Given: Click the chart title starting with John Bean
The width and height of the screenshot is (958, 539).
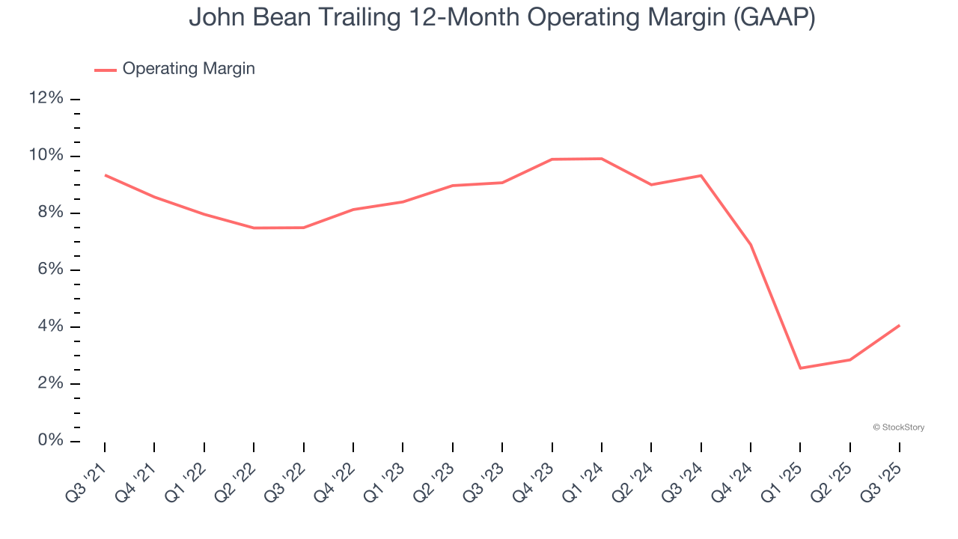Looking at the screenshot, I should (x=501, y=16).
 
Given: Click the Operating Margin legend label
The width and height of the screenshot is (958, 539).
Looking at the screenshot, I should (x=189, y=69).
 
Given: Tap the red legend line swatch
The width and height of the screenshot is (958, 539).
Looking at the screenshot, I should (x=106, y=70).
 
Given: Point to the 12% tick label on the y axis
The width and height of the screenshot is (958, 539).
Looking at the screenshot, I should (x=46, y=99).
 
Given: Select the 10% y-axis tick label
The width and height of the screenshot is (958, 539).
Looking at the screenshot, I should (x=46, y=156).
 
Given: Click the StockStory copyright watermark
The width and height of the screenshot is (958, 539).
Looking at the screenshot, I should (x=898, y=427).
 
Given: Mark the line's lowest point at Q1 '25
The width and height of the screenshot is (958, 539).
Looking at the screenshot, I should (x=800, y=368).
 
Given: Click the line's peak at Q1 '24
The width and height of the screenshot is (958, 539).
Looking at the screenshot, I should (x=602, y=159).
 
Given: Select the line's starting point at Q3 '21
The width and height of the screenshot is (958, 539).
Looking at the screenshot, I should (x=105, y=175).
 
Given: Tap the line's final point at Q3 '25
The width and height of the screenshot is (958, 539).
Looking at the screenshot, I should (x=900, y=325).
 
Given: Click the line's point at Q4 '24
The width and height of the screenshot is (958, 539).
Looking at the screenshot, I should (x=751, y=245).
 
